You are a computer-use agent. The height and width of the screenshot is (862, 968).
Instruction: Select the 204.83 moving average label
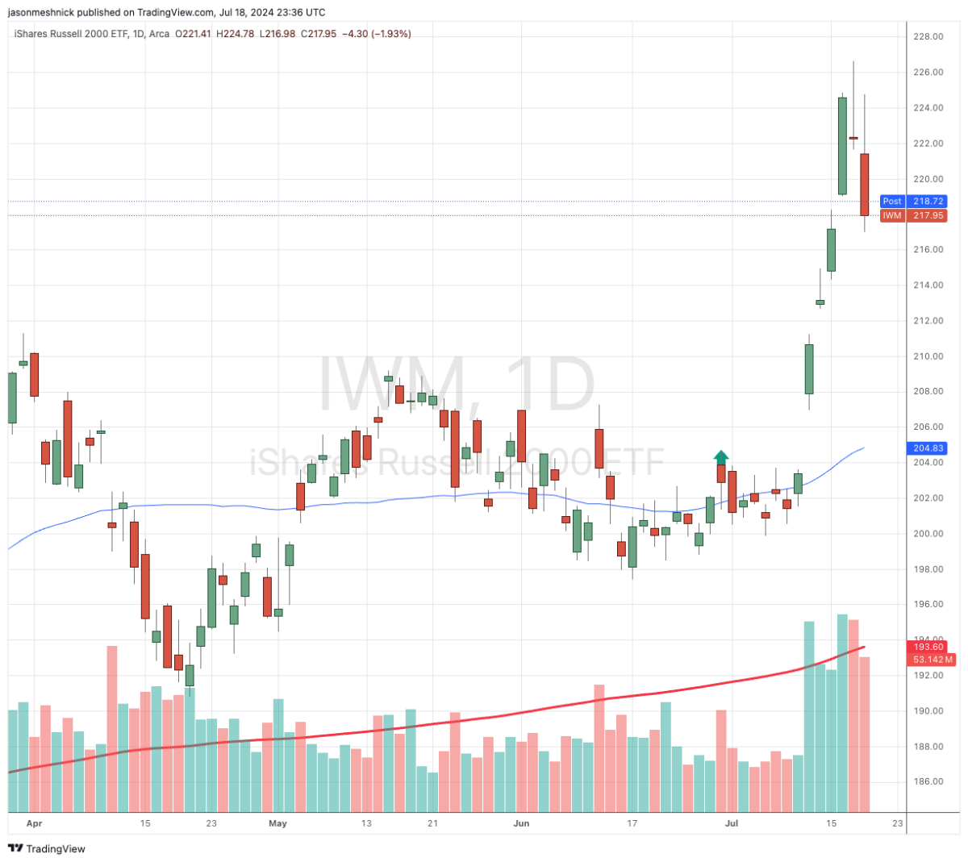point(928,448)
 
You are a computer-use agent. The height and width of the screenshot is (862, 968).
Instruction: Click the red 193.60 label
point(928,647)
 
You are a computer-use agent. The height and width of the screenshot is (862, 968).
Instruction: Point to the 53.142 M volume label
point(933,660)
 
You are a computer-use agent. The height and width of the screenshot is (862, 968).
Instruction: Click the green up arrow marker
point(721,456)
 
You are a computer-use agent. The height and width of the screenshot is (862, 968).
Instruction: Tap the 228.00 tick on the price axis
point(928,36)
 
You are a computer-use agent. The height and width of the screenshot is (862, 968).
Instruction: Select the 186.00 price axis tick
point(928,781)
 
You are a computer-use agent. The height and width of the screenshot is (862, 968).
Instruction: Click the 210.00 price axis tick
point(928,356)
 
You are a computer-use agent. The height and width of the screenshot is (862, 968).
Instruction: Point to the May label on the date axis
point(277,823)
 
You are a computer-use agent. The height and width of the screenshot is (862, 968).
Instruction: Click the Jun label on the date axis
point(521,823)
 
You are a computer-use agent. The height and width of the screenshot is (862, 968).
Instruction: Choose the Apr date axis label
point(34,823)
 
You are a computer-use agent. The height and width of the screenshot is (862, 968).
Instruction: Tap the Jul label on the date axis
point(732,823)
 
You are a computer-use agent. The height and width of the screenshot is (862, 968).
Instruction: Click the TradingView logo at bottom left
point(46,848)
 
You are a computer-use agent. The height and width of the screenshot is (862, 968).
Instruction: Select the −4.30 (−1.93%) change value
point(377,34)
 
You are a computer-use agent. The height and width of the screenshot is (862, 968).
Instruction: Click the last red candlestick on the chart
point(864,185)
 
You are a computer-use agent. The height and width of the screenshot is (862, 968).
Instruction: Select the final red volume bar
point(864,734)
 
